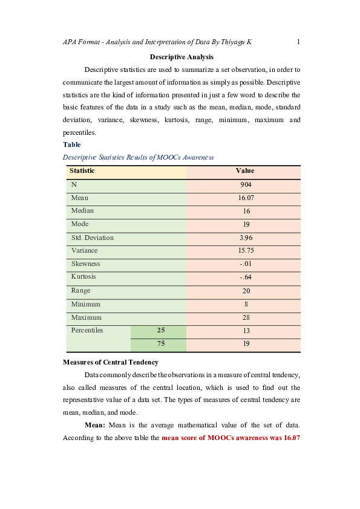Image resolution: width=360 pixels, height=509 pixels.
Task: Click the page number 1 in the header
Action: [x=299, y=42]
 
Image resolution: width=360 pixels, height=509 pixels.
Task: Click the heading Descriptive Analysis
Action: [x=182, y=57]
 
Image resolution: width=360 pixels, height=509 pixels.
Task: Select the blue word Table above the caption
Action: [x=71, y=145]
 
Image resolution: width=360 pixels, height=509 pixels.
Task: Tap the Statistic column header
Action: [x=82, y=171]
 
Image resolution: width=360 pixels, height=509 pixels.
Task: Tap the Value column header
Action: [x=245, y=171]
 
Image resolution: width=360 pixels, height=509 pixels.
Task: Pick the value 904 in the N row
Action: [x=245, y=184]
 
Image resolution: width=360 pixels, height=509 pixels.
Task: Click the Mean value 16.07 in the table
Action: [x=245, y=198]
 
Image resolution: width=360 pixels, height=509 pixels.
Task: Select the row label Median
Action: [x=82, y=211]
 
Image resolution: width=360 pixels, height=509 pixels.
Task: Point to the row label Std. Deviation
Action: [x=92, y=238]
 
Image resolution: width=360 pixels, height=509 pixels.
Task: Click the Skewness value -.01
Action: [x=245, y=264]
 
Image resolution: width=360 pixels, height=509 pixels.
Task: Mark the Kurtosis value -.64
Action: [x=245, y=277]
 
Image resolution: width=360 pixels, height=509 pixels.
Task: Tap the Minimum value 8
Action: [x=245, y=304]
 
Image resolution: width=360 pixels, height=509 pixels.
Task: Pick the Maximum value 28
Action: [x=245, y=317]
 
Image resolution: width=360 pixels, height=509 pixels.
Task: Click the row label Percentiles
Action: [x=87, y=331]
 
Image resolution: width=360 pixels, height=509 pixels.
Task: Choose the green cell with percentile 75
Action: [x=161, y=344]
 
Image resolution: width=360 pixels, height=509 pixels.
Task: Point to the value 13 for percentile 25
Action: [x=245, y=331]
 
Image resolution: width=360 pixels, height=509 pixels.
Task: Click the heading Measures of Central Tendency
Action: [x=111, y=362]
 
